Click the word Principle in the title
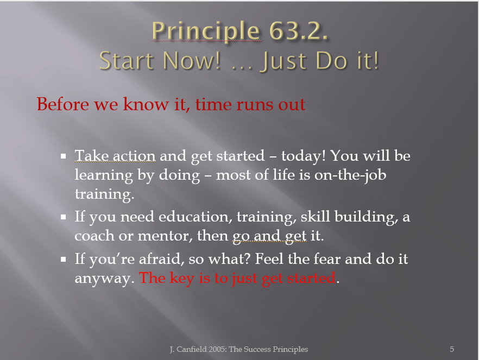coord(206,31)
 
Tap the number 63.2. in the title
coord(299,30)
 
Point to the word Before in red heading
coord(62,104)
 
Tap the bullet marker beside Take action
coord(64,156)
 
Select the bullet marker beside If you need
coord(64,217)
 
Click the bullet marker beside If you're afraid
coord(64,259)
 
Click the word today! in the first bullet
coord(304,156)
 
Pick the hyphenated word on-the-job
coord(350,175)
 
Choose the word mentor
coord(165,236)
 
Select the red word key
coord(182,279)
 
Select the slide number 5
coord(452,349)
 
